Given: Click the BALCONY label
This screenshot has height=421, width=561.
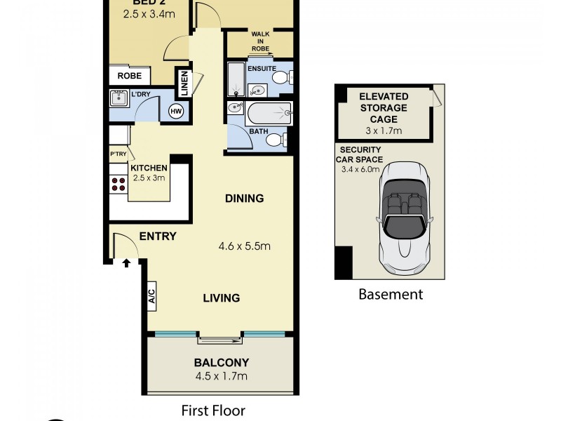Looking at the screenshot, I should click(221, 363).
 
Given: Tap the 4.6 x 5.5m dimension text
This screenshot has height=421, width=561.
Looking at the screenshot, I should click(244, 246).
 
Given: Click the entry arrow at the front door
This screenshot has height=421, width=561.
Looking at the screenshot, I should click(127, 263).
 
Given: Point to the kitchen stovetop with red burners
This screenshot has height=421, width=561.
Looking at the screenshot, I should click(119, 184).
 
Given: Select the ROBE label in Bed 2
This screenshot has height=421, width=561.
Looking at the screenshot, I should click(130, 76).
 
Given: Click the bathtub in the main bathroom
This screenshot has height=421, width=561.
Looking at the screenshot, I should click(269, 112).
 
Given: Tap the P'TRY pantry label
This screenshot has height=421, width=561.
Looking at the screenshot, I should click(117, 154).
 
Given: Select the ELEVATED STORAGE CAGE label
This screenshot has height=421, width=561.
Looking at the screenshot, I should click(383, 107).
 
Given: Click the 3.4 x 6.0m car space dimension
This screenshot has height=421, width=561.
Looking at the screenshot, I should click(360, 169).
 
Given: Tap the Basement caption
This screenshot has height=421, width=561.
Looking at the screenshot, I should click(391, 295).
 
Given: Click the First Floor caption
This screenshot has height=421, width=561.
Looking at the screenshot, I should click(213, 410).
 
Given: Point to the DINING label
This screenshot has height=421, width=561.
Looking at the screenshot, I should click(244, 199).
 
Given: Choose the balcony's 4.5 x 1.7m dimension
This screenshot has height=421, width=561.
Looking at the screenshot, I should click(221, 377).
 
